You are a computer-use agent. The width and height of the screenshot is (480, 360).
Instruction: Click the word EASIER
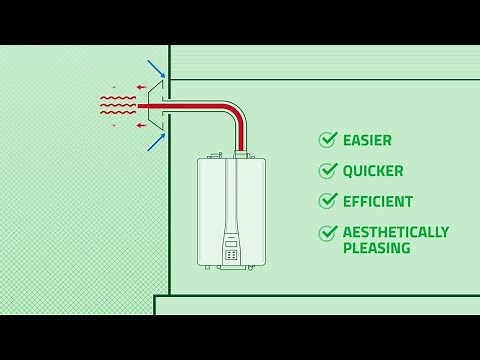tap(367, 141)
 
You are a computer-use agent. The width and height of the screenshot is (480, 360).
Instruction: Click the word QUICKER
tap(373, 171)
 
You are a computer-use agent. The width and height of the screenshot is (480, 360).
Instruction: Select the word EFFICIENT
tap(378, 201)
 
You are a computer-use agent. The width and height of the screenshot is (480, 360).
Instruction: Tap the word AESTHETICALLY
tap(396, 232)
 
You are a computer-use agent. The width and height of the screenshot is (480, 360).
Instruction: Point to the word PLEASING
tap(377, 248)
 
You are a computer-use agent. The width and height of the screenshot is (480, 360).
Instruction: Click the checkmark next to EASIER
tap(328, 140)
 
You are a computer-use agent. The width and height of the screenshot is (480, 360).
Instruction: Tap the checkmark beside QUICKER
tap(328, 171)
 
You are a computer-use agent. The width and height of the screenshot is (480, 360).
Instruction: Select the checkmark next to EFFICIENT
tap(328, 201)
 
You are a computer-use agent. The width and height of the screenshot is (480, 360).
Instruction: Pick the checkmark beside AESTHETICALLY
tap(328, 233)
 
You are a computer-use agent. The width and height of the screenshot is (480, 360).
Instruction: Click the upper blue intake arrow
tap(156, 69)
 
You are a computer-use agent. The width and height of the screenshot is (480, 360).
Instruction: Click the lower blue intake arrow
tap(156, 141)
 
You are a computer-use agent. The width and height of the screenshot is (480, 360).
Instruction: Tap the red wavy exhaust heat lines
tap(117, 105)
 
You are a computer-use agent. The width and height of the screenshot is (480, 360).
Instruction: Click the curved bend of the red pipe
tap(234, 112)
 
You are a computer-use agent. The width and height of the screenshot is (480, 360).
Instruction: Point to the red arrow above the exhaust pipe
tap(142, 86)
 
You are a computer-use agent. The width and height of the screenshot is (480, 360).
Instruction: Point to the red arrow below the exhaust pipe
tap(142, 125)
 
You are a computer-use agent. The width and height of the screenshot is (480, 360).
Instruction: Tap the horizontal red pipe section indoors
tap(195, 104)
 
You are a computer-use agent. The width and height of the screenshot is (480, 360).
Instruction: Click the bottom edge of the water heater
tap(231, 266)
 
